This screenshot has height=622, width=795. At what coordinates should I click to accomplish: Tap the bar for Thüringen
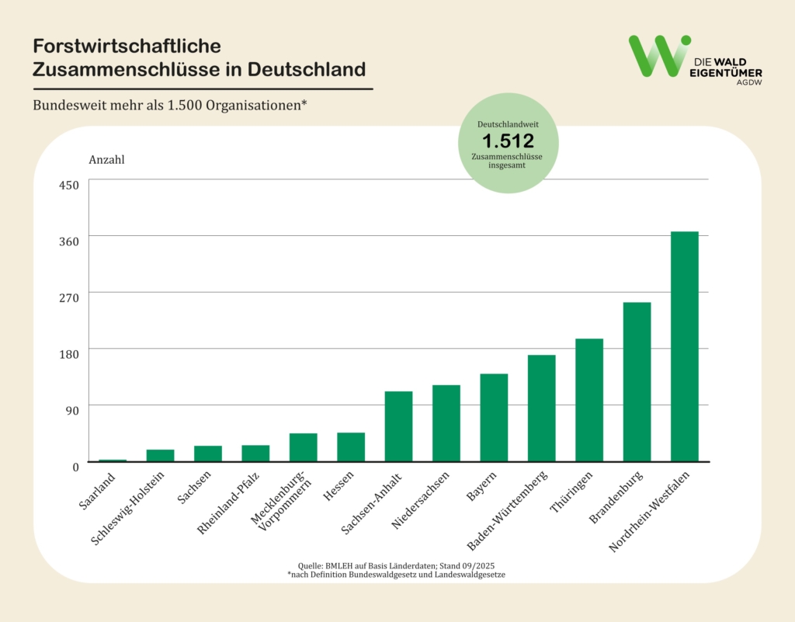click(x=588, y=400)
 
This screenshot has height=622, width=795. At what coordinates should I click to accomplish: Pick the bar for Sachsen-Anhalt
click(x=398, y=426)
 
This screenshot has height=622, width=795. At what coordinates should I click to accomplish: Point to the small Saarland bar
click(x=113, y=460)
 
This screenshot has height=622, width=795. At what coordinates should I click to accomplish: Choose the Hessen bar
click(x=351, y=447)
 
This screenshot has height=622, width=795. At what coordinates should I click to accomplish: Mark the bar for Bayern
click(x=494, y=418)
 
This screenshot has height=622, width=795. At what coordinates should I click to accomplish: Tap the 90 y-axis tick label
click(x=72, y=410)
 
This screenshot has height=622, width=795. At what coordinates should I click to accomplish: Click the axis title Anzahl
click(x=107, y=160)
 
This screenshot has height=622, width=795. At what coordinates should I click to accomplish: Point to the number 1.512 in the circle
click(x=508, y=141)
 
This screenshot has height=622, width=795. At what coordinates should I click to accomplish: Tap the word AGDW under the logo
click(x=748, y=82)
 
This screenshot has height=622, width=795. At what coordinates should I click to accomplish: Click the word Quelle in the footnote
click(x=311, y=565)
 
